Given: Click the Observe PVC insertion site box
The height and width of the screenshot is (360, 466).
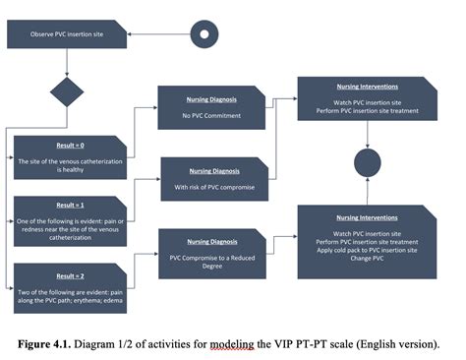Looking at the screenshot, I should (68, 34).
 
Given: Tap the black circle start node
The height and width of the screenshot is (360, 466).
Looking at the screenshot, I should (204, 33).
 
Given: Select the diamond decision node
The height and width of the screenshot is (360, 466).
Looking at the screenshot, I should (68, 94).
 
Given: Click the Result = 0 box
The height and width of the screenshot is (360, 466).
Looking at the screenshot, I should (70, 157).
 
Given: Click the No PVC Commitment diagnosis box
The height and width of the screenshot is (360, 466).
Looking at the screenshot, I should (211, 108).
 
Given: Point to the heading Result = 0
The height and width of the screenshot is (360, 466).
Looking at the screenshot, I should (70, 146).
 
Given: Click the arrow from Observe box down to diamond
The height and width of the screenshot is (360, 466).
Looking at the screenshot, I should (68, 63).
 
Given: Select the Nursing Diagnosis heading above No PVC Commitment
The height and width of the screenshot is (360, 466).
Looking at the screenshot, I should (211, 99).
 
